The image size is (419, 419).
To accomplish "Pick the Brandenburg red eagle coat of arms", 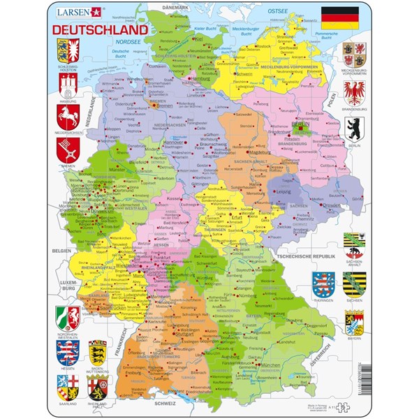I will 355,92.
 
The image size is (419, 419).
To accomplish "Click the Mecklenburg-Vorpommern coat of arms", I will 355,54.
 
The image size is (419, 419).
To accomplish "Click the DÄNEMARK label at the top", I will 176,6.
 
